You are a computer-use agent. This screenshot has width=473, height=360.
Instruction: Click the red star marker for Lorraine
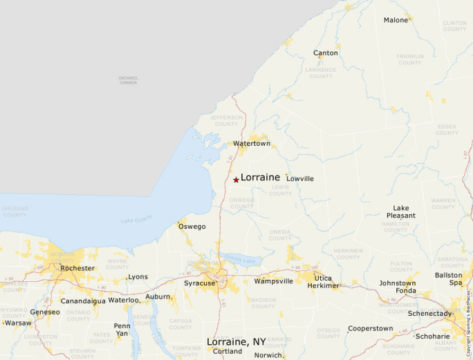(x=236, y=180)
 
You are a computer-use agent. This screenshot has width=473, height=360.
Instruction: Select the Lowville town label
(x=300, y=179)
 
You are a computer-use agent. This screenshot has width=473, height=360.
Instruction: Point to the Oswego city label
(x=192, y=227)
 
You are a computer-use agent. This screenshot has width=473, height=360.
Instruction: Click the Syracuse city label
(x=199, y=283)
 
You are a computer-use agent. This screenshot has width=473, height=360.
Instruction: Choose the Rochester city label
(x=77, y=268)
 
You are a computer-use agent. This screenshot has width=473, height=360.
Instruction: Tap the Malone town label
(x=396, y=20)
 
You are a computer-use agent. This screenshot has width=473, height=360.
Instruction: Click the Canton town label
(x=326, y=53)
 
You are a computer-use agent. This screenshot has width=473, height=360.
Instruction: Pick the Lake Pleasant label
(x=401, y=211)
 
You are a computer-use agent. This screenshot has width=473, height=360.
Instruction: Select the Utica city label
(x=323, y=278)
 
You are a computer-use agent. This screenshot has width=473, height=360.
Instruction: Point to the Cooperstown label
(x=370, y=329)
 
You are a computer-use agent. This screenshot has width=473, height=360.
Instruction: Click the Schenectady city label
(x=430, y=314)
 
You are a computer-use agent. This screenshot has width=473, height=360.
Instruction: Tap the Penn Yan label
(x=122, y=330)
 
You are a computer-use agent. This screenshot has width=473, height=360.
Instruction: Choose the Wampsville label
(x=274, y=281)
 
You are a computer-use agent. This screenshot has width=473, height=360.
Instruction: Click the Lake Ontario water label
(x=136, y=220)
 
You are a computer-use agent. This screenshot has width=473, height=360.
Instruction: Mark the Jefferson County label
(x=227, y=121)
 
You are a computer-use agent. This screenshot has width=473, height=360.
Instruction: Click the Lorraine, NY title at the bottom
(x=236, y=341)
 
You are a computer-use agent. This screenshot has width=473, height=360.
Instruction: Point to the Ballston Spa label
(x=449, y=278)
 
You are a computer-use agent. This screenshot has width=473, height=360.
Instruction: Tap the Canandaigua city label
(x=84, y=301)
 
